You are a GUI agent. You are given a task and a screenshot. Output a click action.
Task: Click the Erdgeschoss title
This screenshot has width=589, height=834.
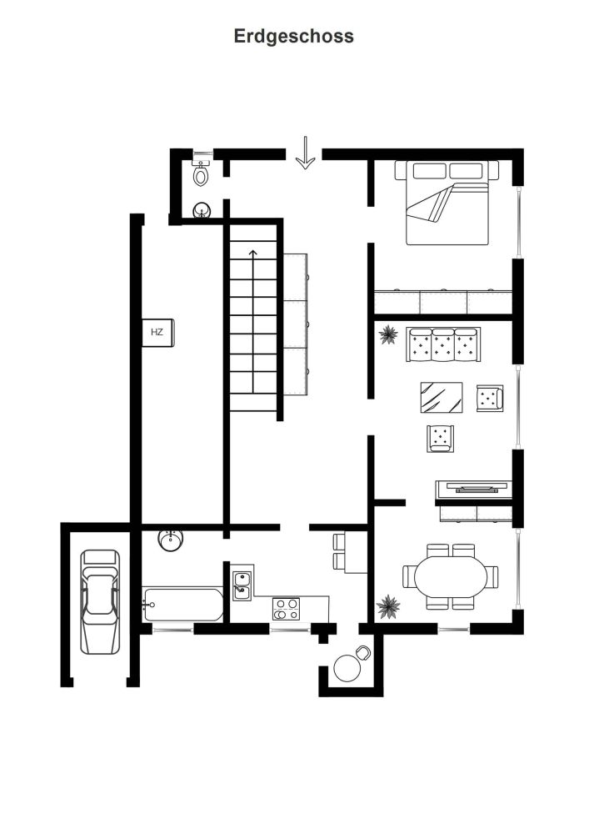(x=294, y=37)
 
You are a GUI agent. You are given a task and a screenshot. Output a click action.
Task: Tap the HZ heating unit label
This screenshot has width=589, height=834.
(x=157, y=332)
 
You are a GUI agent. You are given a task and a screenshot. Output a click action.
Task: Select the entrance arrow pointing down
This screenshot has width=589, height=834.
(x=306, y=153)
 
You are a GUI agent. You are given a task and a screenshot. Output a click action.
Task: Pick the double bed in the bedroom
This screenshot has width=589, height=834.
(x=447, y=203)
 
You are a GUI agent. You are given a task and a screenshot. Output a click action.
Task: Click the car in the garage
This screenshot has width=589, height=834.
(x=100, y=601)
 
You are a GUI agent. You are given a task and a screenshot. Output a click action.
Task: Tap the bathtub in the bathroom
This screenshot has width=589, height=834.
(x=182, y=604)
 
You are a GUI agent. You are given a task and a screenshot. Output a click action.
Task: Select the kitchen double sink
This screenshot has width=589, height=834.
(x=242, y=585)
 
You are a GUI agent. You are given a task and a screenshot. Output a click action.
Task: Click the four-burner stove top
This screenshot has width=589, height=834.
(x=287, y=609)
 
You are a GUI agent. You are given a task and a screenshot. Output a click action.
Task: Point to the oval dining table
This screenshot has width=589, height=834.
(x=451, y=576)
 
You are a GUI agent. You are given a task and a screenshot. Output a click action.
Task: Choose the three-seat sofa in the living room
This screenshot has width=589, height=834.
(x=443, y=344)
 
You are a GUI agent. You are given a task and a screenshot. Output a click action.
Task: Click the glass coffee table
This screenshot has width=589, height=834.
(x=442, y=397)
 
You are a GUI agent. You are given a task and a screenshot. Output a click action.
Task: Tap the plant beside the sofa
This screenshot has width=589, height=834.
(x=388, y=334)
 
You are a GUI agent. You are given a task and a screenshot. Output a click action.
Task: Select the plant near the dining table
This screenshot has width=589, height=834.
(x=388, y=606)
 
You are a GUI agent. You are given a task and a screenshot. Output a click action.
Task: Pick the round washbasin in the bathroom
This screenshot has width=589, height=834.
(x=171, y=540)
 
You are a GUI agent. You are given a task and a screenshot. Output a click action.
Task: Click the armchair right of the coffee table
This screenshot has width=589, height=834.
(x=490, y=398)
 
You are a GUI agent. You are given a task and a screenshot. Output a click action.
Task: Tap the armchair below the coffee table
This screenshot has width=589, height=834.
(x=440, y=439)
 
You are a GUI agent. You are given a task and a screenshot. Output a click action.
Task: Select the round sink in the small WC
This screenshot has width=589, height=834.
(x=202, y=211)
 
